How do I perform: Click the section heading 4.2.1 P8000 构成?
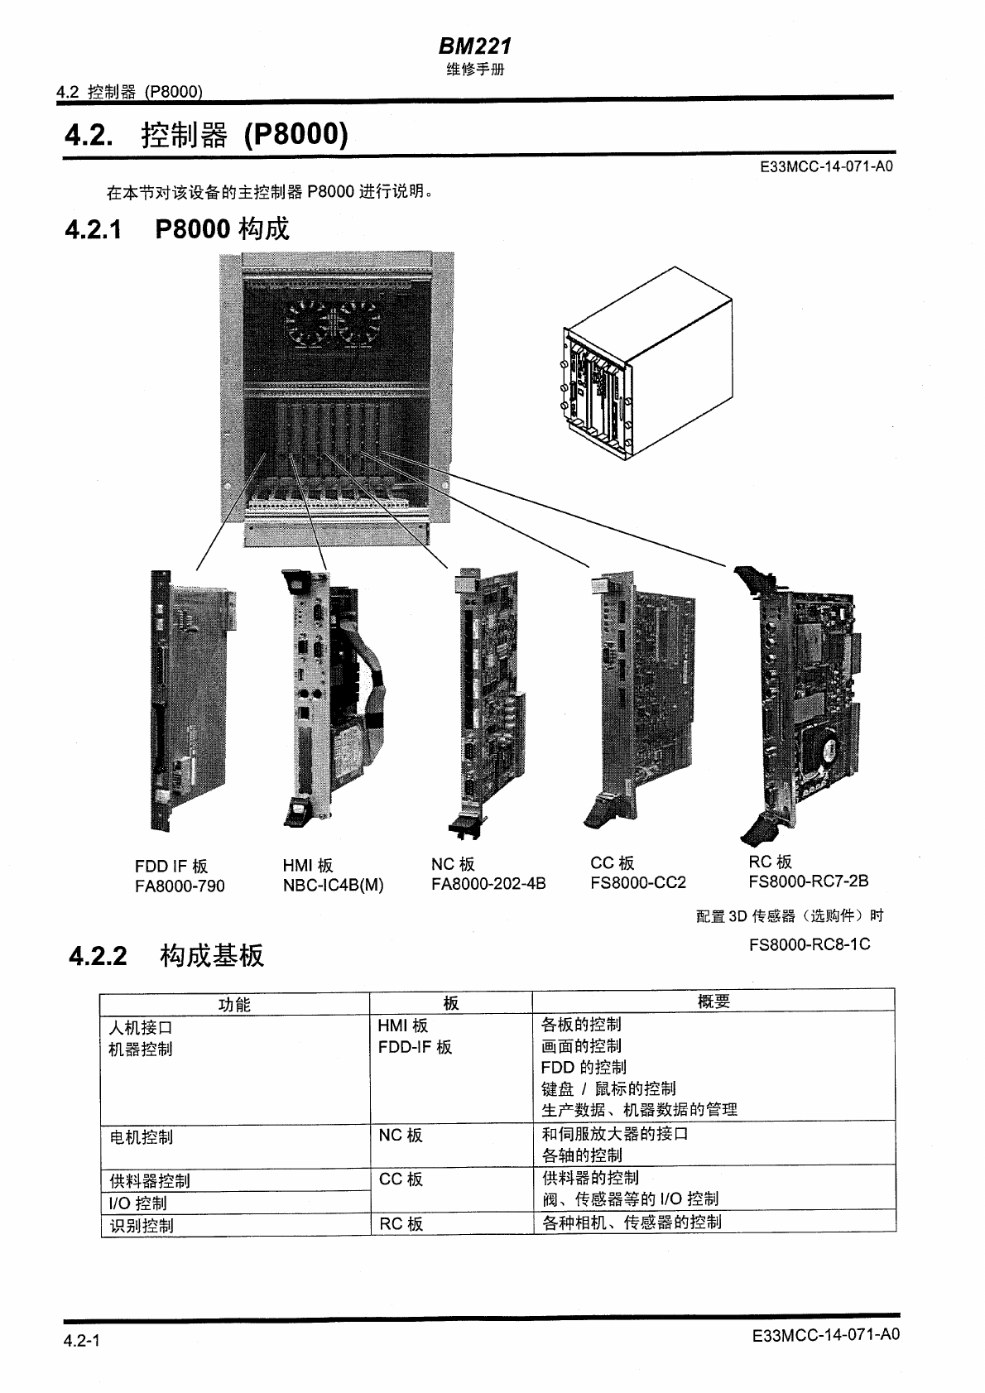click(176, 228)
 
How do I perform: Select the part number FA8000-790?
click(180, 886)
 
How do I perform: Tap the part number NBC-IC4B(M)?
click(333, 885)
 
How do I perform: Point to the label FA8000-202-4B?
click(488, 884)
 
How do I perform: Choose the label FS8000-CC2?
click(637, 882)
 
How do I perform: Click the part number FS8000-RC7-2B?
click(808, 881)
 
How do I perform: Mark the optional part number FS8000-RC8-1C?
click(809, 944)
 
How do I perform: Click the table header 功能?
click(234, 1005)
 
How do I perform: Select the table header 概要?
click(714, 1002)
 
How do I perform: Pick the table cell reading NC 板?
click(401, 1136)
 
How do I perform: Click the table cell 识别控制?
click(142, 1226)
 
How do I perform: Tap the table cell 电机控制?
click(142, 1137)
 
